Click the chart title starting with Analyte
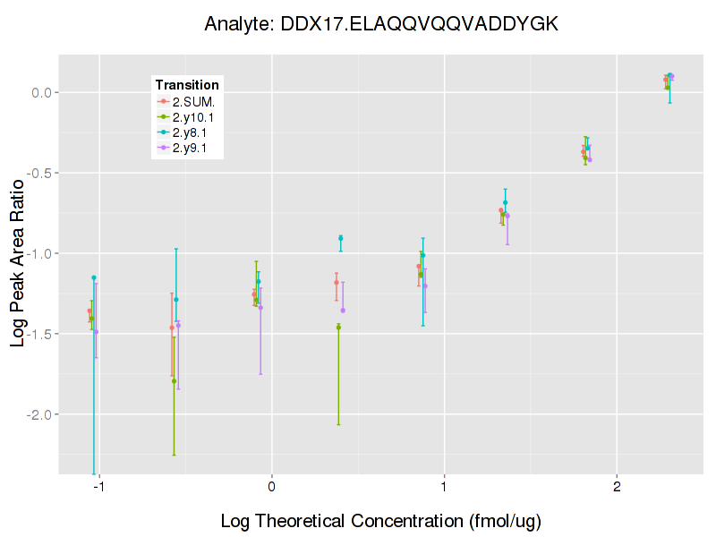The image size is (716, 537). pyautogui.click(x=381, y=23)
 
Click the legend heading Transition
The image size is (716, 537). pyautogui.click(x=187, y=85)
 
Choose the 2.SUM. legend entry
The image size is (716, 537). pyautogui.click(x=193, y=101)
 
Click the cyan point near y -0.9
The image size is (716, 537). pyautogui.click(x=341, y=238)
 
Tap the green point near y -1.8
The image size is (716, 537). pyautogui.click(x=174, y=381)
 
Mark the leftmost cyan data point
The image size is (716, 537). pyautogui.click(x=94, y=277)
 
